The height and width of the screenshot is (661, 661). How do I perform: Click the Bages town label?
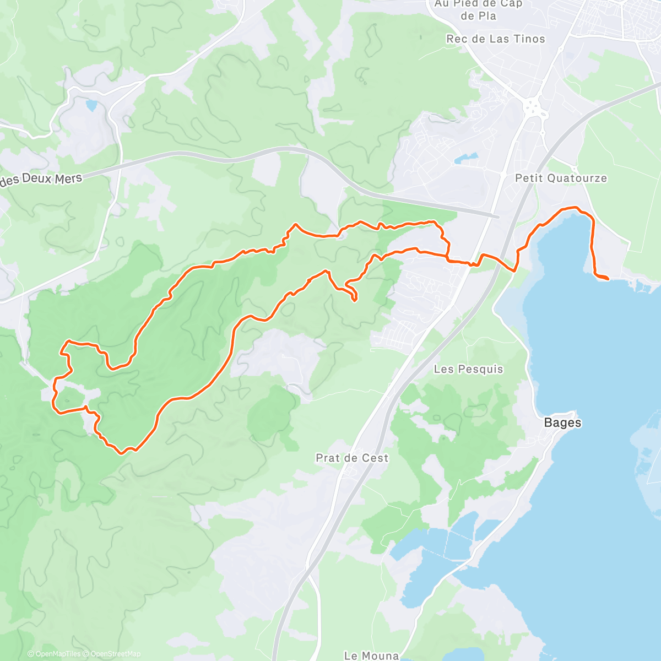[x=562, y=423]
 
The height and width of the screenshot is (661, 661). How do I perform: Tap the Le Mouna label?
[x=371, y=655]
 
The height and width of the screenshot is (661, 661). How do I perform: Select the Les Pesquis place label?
[x=468, y=369]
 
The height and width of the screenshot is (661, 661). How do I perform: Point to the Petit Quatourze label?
[x=561, y=178]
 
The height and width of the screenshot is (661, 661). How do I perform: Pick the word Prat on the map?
[x=329, y=458]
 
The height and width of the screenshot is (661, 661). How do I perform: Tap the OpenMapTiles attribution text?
[x=57, y=654]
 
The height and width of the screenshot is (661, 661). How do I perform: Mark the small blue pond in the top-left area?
[x=91, y=105]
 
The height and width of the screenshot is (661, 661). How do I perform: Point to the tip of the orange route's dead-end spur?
[x=354, y=300]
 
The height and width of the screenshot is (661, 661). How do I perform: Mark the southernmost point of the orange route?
[x=122, y=453]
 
